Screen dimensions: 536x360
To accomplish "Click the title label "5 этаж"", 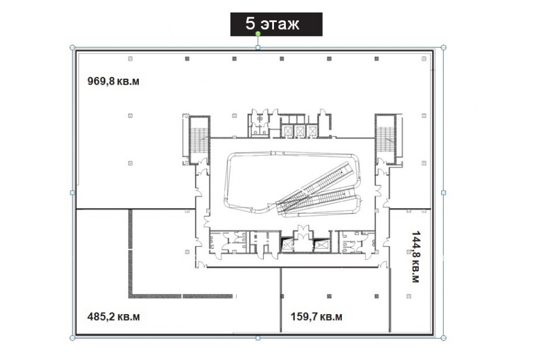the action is coord(272,24).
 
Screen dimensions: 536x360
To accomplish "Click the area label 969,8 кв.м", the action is coord(113,82).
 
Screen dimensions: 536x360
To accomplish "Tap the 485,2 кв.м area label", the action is coord(114,316).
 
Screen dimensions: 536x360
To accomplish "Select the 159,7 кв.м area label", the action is coord(316,316).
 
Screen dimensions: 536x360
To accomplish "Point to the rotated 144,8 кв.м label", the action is coord(415,257).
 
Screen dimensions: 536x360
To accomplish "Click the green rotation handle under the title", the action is coord(258,33).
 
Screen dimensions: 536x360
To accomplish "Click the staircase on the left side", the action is coord(200,140).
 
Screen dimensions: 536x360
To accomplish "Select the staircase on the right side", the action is coord(385,140).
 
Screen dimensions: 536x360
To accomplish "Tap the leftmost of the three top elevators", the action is coord(288,131).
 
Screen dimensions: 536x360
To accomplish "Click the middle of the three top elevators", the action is coord(300,131).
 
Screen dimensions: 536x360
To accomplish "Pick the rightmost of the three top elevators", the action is coord(311,131).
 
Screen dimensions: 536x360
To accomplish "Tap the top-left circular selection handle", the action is coord(73,48).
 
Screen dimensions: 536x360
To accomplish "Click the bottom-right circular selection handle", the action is coord(443,338).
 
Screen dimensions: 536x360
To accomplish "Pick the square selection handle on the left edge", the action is coord(73,193).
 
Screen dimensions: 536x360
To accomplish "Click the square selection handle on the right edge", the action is coord(443,193).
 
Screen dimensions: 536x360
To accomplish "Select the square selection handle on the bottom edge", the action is coord(258,338).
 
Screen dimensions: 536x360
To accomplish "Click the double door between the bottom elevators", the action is coord(304,231).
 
